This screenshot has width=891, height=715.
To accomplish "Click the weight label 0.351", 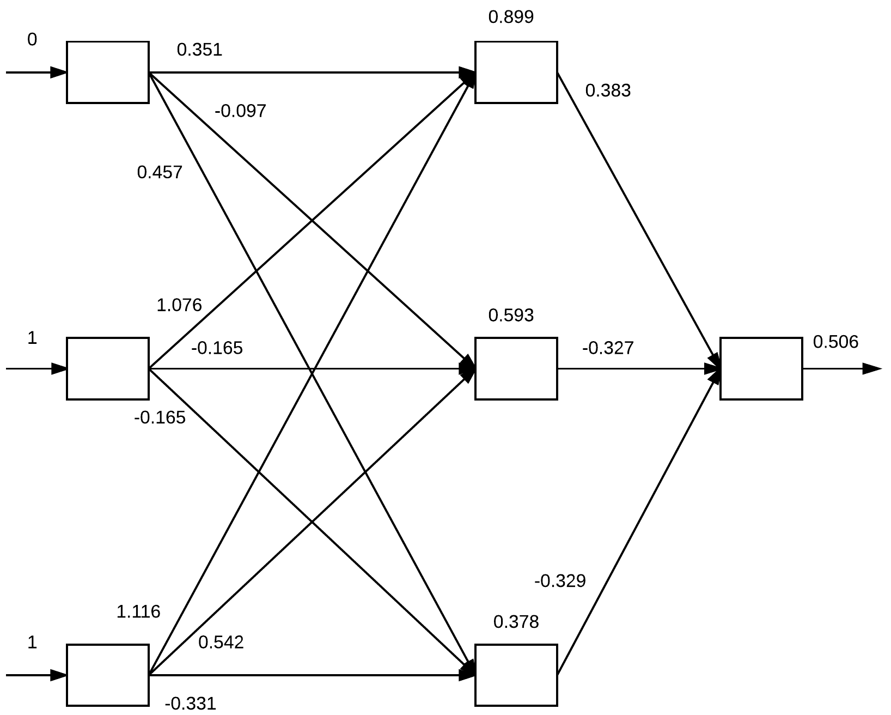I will click(x=199, y=50).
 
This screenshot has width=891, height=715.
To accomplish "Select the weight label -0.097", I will click(x=240, y=111).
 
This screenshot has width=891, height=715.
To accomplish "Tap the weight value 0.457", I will click(x=160, y=173).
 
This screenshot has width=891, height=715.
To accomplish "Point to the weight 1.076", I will click(x=179, y=305).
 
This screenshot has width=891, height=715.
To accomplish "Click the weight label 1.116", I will click(x=138, y=612).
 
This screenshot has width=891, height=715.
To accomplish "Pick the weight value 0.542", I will click(x=221, y=643).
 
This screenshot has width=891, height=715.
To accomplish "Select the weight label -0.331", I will click(x=190, y=704).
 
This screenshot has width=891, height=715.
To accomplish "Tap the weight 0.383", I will click(x=608, y=90).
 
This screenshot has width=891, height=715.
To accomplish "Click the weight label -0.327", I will click(x=608, y=348).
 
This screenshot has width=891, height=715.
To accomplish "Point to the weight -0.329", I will click(x=560, y=581).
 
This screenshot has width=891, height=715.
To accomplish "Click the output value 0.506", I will click(x=835, y=342).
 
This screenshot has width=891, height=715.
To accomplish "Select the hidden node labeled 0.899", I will click(x=516, y=72).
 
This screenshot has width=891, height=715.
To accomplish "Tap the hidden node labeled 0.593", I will click(x=516, y=368).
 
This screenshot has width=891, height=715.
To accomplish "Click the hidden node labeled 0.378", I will click(x=516, y=675).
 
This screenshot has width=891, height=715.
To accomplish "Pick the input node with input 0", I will click(x=108, y=72).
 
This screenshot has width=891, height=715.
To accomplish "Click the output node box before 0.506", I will click(x=761, y=368).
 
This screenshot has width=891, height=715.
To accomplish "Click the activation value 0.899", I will click(x=511, y=17).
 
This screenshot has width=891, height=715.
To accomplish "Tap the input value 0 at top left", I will click(x=32, y=40).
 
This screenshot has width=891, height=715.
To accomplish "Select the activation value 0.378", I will click(x=516, y=622).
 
